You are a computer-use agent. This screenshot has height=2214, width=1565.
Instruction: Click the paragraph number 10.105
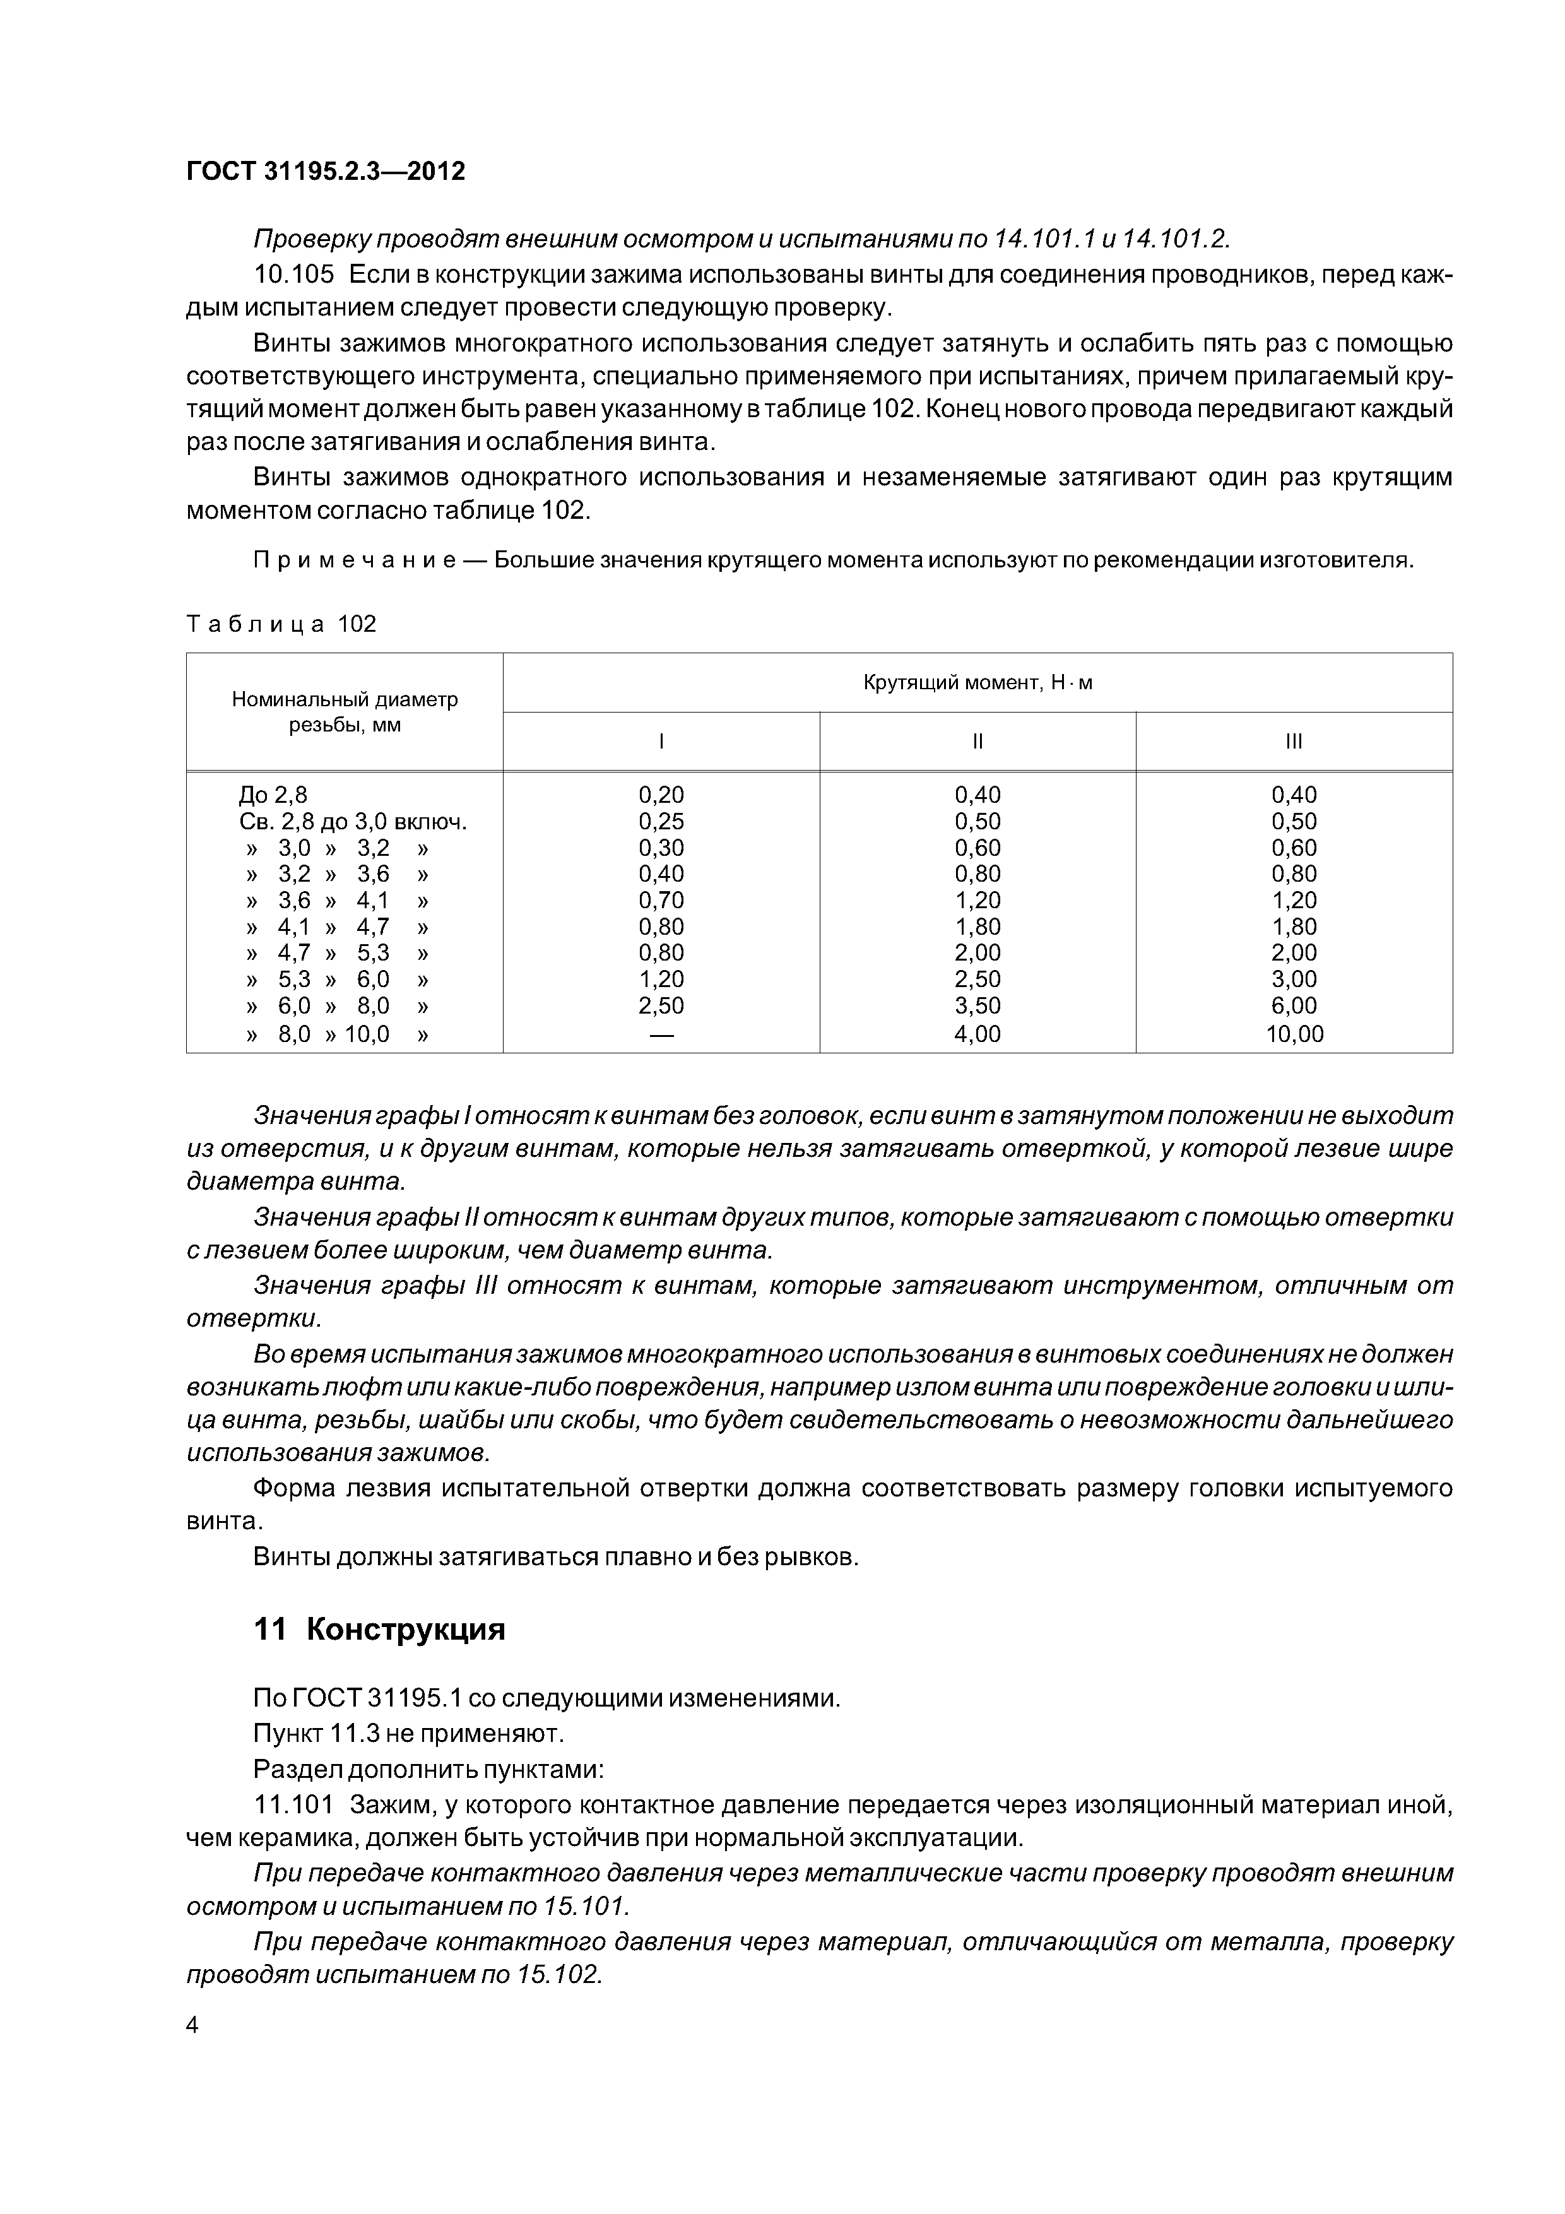click(293, 275)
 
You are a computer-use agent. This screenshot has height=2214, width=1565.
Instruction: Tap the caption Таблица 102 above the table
click(281, 624)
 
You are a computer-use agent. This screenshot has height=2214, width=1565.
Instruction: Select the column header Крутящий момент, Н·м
click(977, 683)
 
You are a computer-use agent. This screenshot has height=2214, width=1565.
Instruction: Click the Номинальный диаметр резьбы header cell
click(345, 712)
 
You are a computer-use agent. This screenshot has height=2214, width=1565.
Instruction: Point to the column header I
click(661, 742)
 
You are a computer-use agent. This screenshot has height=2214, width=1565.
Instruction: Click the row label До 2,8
click(273, 795)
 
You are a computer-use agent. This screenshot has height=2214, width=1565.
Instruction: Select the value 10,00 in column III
click(1294, 1034)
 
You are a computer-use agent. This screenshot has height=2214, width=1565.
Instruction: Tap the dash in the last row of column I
click(661, 1034)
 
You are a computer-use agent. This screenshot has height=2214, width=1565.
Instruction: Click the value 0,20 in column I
click(661, 795)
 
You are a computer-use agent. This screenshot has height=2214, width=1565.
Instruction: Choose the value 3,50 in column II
click(977, 1006)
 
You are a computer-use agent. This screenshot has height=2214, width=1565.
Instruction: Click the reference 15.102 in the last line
click(558, 1974)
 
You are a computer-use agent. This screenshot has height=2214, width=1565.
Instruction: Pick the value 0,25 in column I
click(661, 822)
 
